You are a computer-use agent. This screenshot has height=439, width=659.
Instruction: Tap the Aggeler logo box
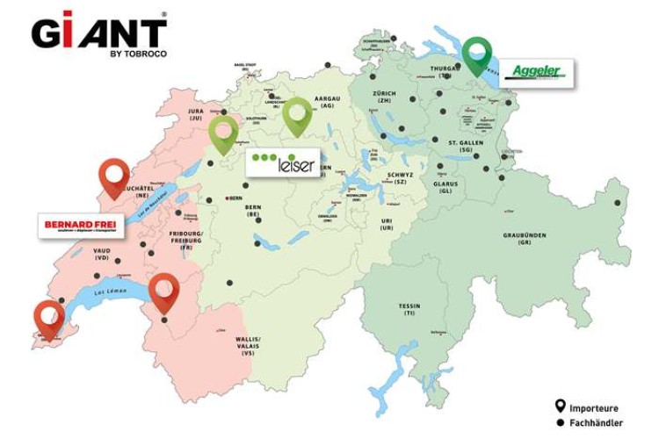click(x=536, y=73)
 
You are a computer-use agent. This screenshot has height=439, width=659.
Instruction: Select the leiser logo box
click(x=282, y=163)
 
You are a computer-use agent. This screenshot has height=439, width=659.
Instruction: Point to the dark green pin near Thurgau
click(x=478, y=55)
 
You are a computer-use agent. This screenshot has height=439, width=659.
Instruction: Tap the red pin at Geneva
click(x=49, y=318)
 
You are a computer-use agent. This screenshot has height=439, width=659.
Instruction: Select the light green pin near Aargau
click(x=297, y=115)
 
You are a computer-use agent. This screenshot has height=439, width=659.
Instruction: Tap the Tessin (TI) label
click(x=409, y=312)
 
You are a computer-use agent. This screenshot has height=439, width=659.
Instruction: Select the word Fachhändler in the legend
click(x=597, y=422)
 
